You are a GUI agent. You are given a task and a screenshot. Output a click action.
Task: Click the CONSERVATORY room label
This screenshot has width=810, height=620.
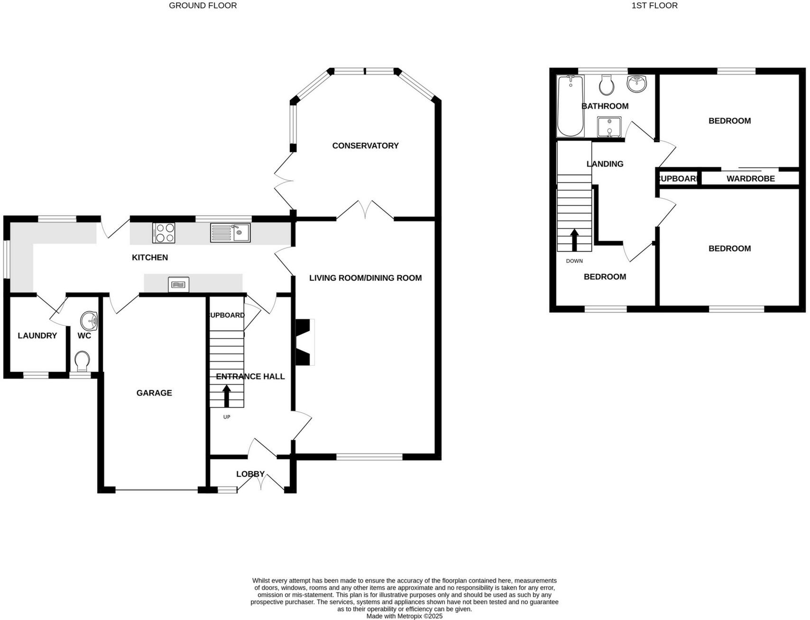click(x=365, y=146)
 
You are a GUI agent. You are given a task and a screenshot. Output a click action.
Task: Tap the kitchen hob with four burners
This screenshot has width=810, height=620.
click(x=164, y=233)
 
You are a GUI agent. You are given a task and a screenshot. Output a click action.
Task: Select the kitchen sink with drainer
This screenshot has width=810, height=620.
click(x=230, y=232)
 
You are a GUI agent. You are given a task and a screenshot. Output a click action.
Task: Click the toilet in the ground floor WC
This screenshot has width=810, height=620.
click(x=83, y=361)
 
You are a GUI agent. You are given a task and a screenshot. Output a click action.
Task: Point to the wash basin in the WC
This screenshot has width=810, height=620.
click(x=89, y=321)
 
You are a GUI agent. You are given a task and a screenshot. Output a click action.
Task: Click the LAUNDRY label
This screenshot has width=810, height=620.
click(x=37, y=335)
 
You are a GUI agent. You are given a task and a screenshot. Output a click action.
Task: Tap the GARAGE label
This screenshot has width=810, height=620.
click(x=154, y=393)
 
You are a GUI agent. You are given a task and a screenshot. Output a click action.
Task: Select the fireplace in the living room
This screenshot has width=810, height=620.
click(x=304, y=342)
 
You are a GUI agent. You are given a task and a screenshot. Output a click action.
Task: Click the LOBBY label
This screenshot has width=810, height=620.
click(x=250, y=474)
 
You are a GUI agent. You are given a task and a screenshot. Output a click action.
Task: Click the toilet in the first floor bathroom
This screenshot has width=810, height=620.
click(x=607, y=85)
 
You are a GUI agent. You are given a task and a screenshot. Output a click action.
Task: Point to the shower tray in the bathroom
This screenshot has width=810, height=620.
click(x=609, y=127)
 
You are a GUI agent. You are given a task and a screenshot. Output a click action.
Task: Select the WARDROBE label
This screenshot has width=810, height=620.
click(x=750, y=178)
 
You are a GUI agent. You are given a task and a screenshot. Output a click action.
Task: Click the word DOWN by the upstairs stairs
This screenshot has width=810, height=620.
click(x=574, y=261)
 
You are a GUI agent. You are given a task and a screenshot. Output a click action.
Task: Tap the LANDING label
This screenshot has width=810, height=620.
click(x=605, y=164)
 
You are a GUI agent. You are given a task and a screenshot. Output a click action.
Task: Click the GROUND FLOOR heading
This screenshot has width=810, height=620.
click(x=202, y=6)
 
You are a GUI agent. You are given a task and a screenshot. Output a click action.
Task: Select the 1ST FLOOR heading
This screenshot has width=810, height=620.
click(x=654, y=6)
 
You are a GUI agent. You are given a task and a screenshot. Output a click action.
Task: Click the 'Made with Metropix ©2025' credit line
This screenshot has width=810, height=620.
click(x=404, y=616)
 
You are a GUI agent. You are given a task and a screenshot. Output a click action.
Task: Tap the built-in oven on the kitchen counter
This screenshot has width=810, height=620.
click(x=179, y=285)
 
